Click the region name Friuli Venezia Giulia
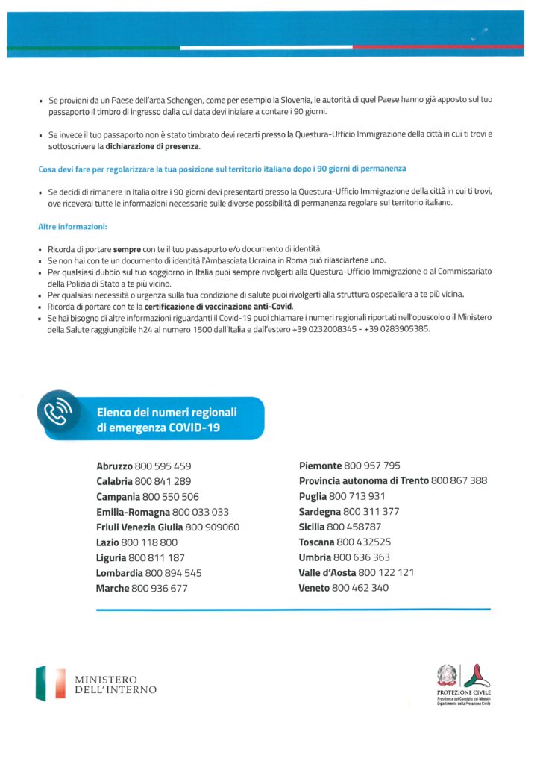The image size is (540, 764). [139, 527]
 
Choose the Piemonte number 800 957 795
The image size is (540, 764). [372, 466]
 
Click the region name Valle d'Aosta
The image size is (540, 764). [327, 573]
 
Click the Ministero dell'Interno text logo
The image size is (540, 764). [116, 684]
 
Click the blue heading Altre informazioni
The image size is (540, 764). [72, 226]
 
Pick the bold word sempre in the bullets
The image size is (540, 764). [127, 247]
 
